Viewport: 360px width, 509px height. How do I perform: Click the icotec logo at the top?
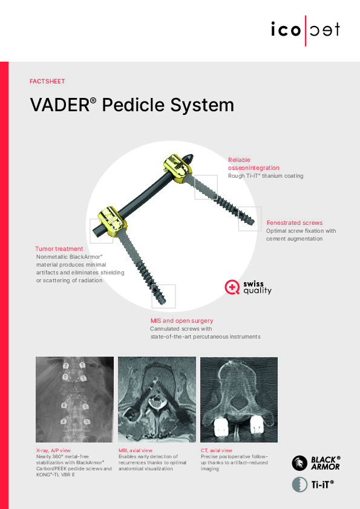(x=306, y=30)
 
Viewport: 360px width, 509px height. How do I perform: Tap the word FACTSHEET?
(x=47, y=81)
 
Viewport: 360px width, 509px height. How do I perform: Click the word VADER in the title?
(x=60, y=105)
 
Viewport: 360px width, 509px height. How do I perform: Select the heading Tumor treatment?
(x=59, y=248)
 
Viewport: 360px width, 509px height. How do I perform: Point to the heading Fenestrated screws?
(x=295, y=222)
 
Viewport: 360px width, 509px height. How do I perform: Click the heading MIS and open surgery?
(x=182, y=321)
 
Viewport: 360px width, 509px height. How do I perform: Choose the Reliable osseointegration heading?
(x=254, y=164)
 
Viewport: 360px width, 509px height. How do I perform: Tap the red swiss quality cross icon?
(x=232, y=287)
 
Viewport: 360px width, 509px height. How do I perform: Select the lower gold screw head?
(x=113, y=218)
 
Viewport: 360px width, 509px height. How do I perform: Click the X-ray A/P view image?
(x=74, y=399)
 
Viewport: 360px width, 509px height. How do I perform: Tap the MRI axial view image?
(x=157, y=399)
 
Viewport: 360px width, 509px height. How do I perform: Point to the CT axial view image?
(x=239, y=399)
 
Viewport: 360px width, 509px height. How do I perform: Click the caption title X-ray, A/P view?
(x=53, y=450)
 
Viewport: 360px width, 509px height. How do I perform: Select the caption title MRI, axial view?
(x=135, y=450)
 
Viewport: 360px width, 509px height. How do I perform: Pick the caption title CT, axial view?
(x=217, y=450)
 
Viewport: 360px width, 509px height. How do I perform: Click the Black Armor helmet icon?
(x=299, y=463)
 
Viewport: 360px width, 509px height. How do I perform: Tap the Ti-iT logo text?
(x=322, y=485)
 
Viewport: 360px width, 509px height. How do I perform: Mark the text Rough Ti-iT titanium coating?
(x=266, y=176)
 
